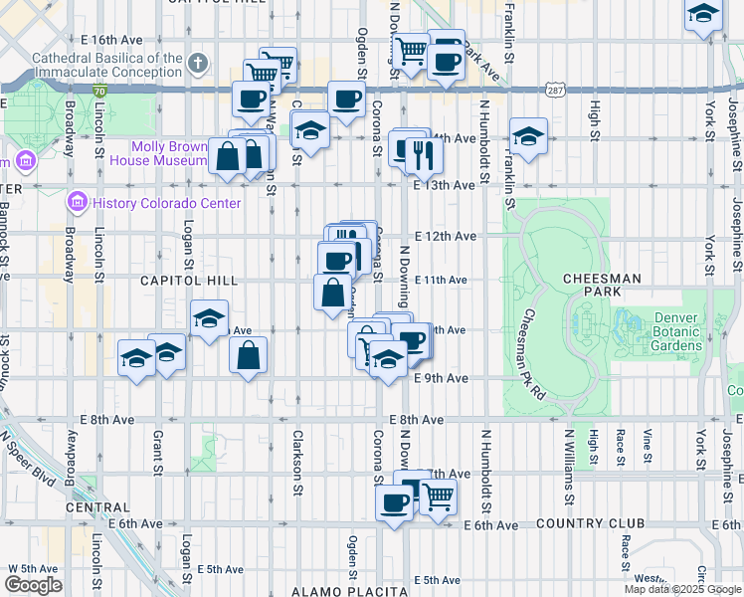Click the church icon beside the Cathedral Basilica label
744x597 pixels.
[x=198, y=65]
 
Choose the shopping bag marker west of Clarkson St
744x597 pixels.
[x=249, y=354]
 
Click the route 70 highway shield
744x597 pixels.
[x=100, y=91]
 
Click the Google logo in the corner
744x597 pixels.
[x=33, y=585]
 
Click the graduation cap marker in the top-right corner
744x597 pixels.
[x=703, y=14]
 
